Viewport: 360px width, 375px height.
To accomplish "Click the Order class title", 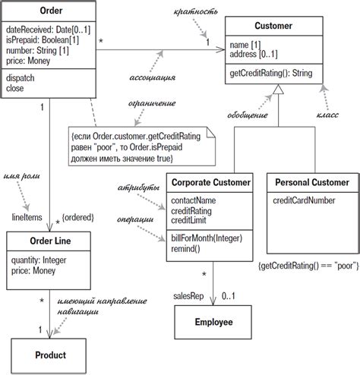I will coord(49,11).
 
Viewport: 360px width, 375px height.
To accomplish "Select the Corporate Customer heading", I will coord(210,182).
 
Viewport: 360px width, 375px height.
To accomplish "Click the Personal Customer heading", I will coord(312,182).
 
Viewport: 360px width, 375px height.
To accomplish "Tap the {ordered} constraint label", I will coord(77,218).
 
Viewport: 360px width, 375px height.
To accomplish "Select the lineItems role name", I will coord(25,217).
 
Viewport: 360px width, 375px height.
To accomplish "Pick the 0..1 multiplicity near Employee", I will coord(229,296).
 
